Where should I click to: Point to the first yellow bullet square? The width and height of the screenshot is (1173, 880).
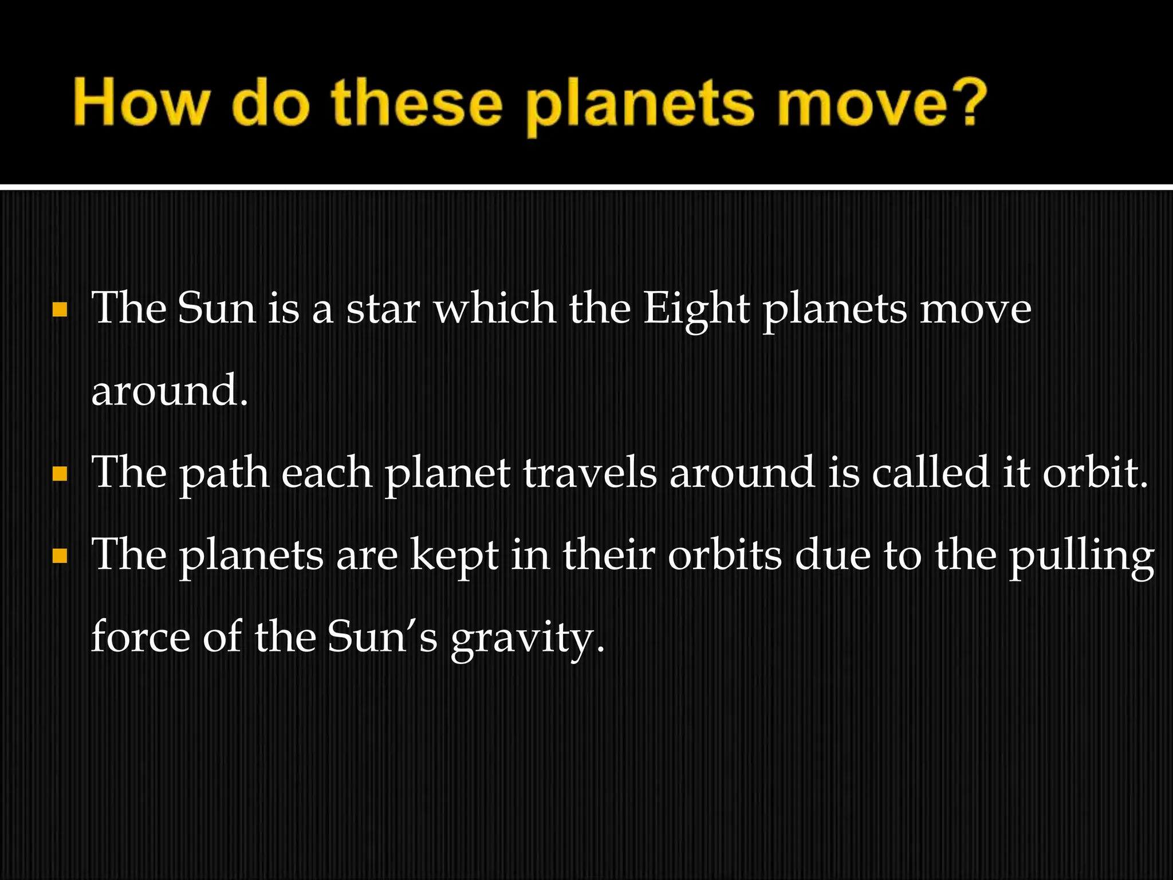click(60, 310)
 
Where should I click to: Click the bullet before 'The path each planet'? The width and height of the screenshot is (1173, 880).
click(60, 474)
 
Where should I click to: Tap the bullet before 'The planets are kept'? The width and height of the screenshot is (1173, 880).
click(60, 556)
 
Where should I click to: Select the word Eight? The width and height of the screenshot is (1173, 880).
click(695, 309)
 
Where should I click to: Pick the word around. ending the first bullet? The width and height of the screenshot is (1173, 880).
click(170, 390)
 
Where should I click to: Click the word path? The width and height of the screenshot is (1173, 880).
click(224, 474)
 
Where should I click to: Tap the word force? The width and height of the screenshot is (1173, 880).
click(140, 637)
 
